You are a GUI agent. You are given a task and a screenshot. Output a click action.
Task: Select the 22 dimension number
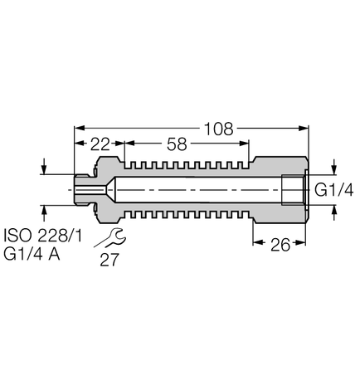pos(100,144)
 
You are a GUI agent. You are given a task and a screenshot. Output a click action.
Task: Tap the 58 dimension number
pos(177,144)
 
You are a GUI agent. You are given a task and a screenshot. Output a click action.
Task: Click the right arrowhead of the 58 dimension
pos(246,144)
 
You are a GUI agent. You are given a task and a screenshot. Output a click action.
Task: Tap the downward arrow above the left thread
pos(44,169)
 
